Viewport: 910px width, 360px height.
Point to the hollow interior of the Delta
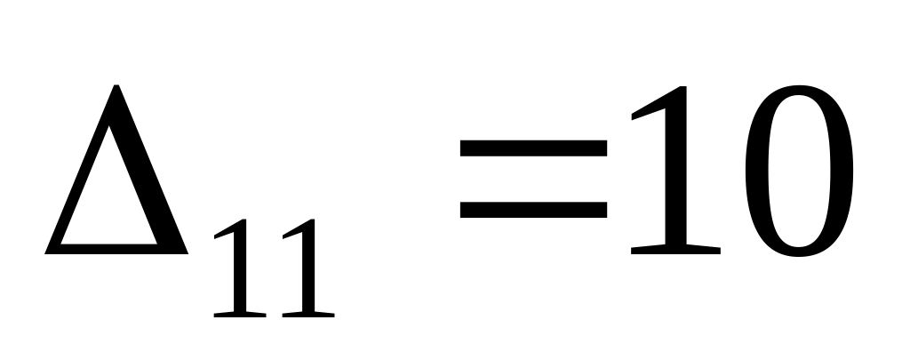click(114, 200)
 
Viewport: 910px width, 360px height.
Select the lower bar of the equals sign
click(533, 211)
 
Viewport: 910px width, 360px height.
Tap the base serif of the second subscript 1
click(305, 314)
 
